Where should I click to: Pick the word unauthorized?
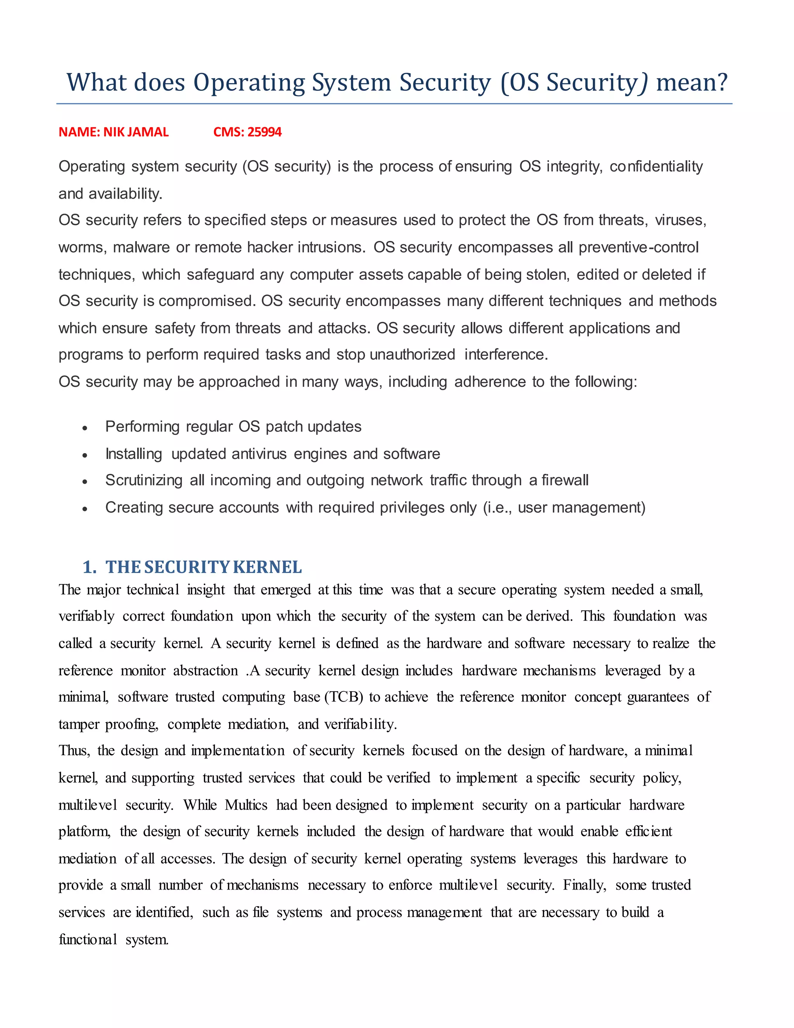click(x=412, y=355)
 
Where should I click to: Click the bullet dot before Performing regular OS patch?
click(x=85, y=428)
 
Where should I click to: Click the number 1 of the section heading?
click(x=88, y=567)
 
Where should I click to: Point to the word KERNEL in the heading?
click(x=267, y=567)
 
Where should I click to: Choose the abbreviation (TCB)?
click(x=344, y=697)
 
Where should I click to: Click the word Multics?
click(x=246, y=805)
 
